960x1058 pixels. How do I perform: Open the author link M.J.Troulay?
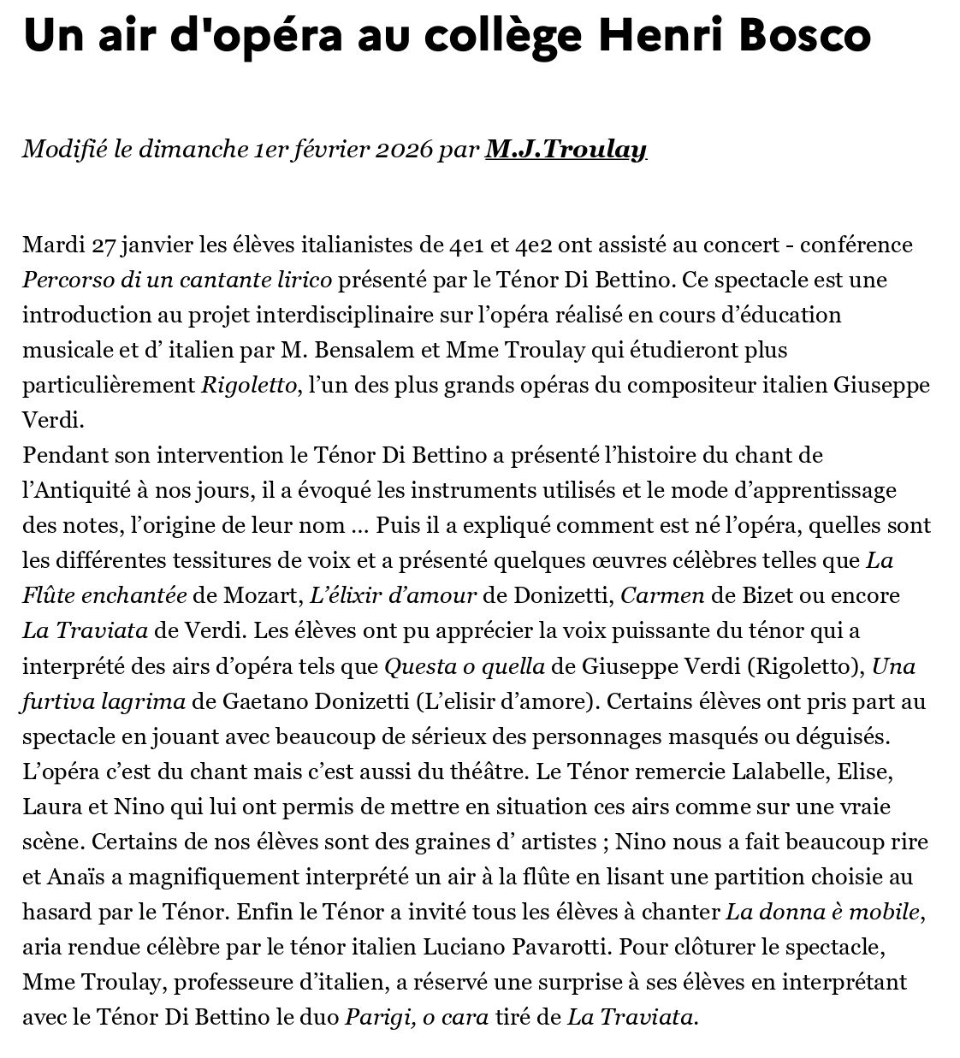[x=566, y=150]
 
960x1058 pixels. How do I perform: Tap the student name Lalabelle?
[x=782, y=771]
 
